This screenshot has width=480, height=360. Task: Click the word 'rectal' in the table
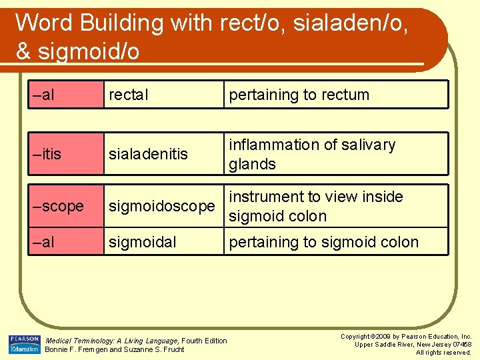(x=129, y=95)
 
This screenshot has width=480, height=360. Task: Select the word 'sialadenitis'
(x=148, y=154)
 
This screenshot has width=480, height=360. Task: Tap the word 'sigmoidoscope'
(x=162, y=207)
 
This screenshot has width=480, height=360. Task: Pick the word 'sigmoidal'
(x=143, y=242)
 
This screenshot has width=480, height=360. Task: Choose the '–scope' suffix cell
(x=58, y=207)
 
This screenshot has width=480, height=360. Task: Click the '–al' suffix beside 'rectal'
(x=43, y=95)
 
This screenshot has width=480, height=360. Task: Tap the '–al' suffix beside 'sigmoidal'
(x=43, y=242)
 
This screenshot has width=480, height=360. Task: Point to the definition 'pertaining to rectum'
(x=299, y=95)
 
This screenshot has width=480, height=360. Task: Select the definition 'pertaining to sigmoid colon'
(x=323, y=242)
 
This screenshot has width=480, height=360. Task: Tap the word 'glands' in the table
(x=252, y=164)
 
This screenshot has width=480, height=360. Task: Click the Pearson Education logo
(x=24, y=344)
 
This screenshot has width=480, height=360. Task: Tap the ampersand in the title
(x=23, y=52)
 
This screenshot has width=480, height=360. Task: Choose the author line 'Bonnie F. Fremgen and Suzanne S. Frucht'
(x=114, y=349)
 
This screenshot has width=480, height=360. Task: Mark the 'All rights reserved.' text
(x=443, y=352)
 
